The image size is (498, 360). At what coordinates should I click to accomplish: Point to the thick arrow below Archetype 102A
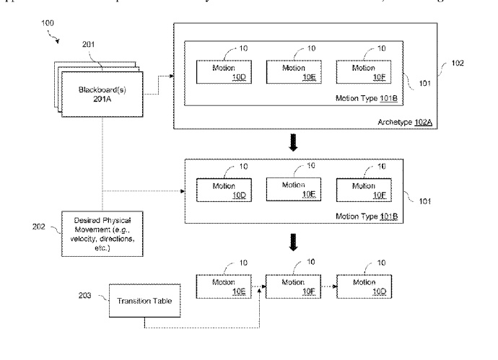[x=293, y=144]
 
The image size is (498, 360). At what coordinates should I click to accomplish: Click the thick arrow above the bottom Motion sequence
[x=293, y=245]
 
